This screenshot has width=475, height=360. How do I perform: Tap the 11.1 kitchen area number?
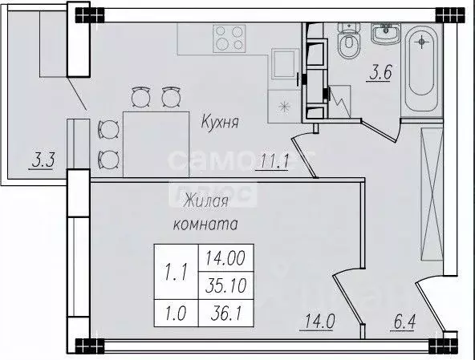(274, 163)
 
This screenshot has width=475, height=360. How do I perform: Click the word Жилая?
(200, 200)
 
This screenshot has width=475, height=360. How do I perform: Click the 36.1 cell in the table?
(225, 308)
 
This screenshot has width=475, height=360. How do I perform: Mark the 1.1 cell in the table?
(175, 271)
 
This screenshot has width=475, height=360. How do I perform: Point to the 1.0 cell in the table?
(175, 308)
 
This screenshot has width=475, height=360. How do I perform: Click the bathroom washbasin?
(387, 34)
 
